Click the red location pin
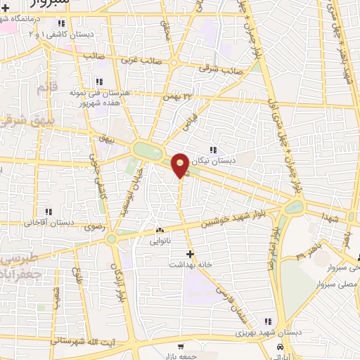181,165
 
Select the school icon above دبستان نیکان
213,150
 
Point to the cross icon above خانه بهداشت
189,253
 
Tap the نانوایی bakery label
160,240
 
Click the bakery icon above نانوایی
160,230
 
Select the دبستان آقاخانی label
50,222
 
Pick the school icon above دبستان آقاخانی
48,211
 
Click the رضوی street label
94,227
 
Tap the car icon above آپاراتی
281,348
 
